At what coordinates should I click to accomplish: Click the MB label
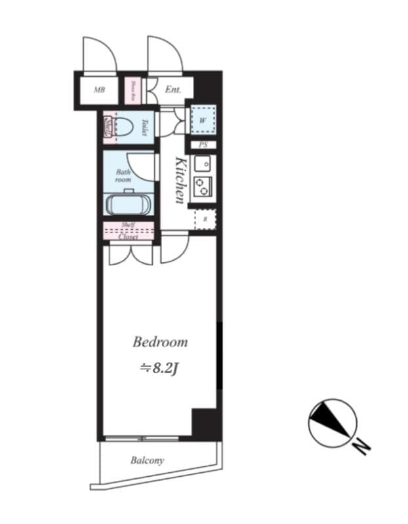pyautogui.click(x=100, y=90)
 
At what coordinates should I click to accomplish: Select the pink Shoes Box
pyautogui.click(x=132, y=90)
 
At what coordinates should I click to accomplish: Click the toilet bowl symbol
pyautogui.click(x=122, y=126)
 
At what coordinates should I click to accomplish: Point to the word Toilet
pyautogui.click(x=144, y=127)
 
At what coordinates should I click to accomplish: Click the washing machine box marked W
pyautogui.click(x=203, y=120)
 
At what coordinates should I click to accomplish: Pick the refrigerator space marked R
pyautogui.click(x=205, y=219)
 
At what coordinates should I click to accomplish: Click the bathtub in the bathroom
pyautogui.click(x=129, y=203)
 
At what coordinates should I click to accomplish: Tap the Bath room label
pyautogui.click(x=123, y=176)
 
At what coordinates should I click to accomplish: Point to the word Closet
pyautogui.click(x=129, y=237)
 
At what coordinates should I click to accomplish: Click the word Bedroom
pyautogui.click(x=160, y=342)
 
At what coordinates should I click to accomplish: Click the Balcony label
pyautogui.click(x=147, y=460)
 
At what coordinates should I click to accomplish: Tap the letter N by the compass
pyautogui.click(x=360, y=447)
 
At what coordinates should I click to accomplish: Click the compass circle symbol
pyautogui.click(x=333, y=422)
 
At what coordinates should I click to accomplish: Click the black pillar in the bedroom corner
pyautogui.click(x=203, y=423)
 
